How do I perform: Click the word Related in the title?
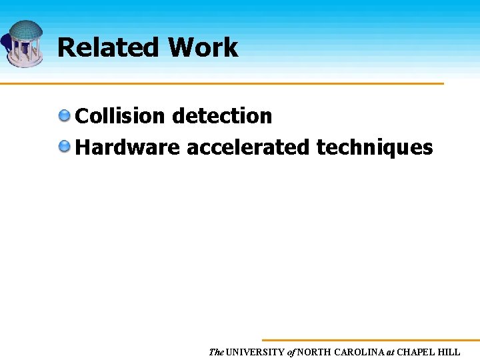109,47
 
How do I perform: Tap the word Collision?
120,116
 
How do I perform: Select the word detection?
222,116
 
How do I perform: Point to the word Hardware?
127,147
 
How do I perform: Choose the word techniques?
375,147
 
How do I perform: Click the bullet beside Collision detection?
65,116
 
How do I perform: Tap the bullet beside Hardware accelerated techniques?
65,147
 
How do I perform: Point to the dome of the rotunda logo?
25,31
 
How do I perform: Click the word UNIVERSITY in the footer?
255,352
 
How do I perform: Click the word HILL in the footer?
449,352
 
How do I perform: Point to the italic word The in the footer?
216,352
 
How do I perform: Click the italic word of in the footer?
291,352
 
